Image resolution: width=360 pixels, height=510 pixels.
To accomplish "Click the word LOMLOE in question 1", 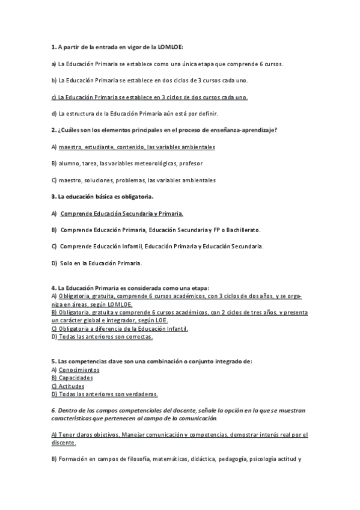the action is pos(169,46).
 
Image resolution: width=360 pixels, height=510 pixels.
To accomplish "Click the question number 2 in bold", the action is pos(53,130).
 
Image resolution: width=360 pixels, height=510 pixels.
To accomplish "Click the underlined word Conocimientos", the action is pos(79,370).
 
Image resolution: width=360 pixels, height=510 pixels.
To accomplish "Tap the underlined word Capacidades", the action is pos(76,378).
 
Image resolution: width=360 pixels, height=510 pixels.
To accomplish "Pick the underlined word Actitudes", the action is pos(72,386).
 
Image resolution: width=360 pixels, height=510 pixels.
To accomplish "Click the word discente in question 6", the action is pos(63,443).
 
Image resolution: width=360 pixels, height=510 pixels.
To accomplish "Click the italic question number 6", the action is pos(53,410).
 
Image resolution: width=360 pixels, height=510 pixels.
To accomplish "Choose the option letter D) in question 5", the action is pos(54,395).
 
